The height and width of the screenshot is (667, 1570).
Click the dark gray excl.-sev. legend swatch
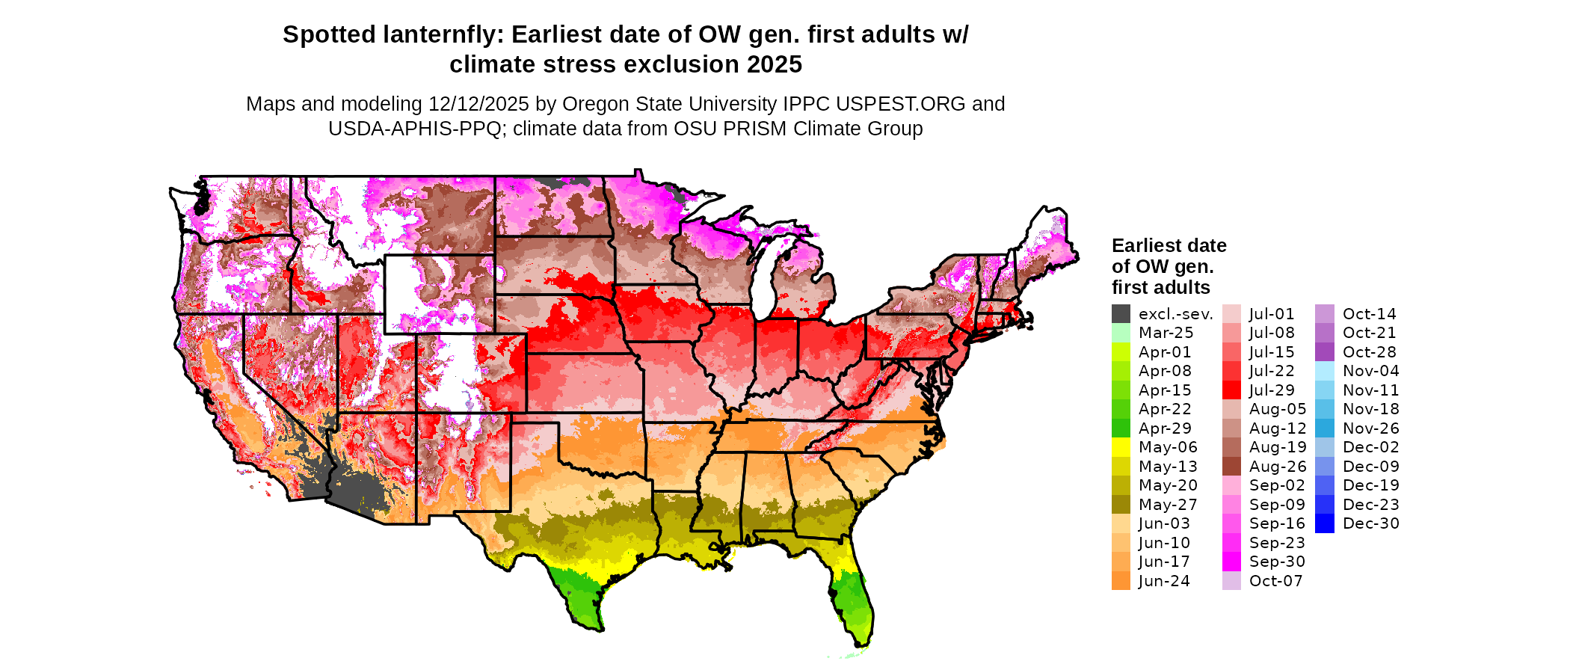click(x=1121, y=314)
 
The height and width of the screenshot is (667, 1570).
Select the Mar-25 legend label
click(x=1166, y=333)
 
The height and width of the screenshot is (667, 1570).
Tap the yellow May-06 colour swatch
click(x=1121, y=447)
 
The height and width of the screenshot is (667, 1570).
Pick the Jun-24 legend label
click(x=1164, y=581)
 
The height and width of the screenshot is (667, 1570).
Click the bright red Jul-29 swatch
click(x=1231, y=390)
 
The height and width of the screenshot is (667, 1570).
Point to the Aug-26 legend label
click(x=1278, y=467)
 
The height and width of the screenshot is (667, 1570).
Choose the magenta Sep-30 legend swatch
click(x=1231, y=562)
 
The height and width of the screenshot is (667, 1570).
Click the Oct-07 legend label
click(x=1275, y=581)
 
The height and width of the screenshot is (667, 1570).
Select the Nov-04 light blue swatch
click(x=1324, y=371)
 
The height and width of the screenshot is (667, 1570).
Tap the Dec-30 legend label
click(x=1370, y=523)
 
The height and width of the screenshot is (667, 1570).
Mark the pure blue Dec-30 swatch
click(x=1324, y=523)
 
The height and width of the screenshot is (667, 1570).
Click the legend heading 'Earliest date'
click(x=1169, y=245)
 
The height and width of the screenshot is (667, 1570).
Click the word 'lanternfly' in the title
click(x=444, y=34)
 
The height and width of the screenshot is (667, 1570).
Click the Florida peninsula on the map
click(x=852, y=598)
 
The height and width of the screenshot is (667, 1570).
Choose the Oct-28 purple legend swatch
click(x=1324, y=352)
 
